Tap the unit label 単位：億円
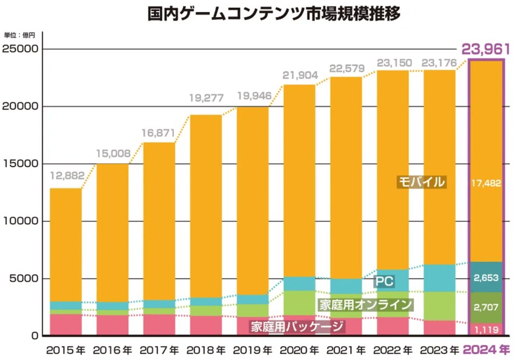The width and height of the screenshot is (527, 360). click(20, 36)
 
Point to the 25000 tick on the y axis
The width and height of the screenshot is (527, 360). click(20, 49)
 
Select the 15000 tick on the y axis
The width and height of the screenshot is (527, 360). click(20, 164)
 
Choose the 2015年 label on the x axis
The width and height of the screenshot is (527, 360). click(65, 350)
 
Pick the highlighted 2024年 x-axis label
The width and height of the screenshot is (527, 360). click(487, 350)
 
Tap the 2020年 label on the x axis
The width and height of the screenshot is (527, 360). click(300, 350)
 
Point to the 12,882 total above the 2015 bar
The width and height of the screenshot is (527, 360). click(65, 176)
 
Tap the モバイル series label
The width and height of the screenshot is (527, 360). click(422, 182)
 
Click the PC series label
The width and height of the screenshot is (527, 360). click(383, 282)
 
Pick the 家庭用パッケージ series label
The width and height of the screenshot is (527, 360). click(297, 327)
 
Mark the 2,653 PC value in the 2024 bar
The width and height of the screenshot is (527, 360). click(487, 278)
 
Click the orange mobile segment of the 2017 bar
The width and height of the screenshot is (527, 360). click(159, 218)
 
